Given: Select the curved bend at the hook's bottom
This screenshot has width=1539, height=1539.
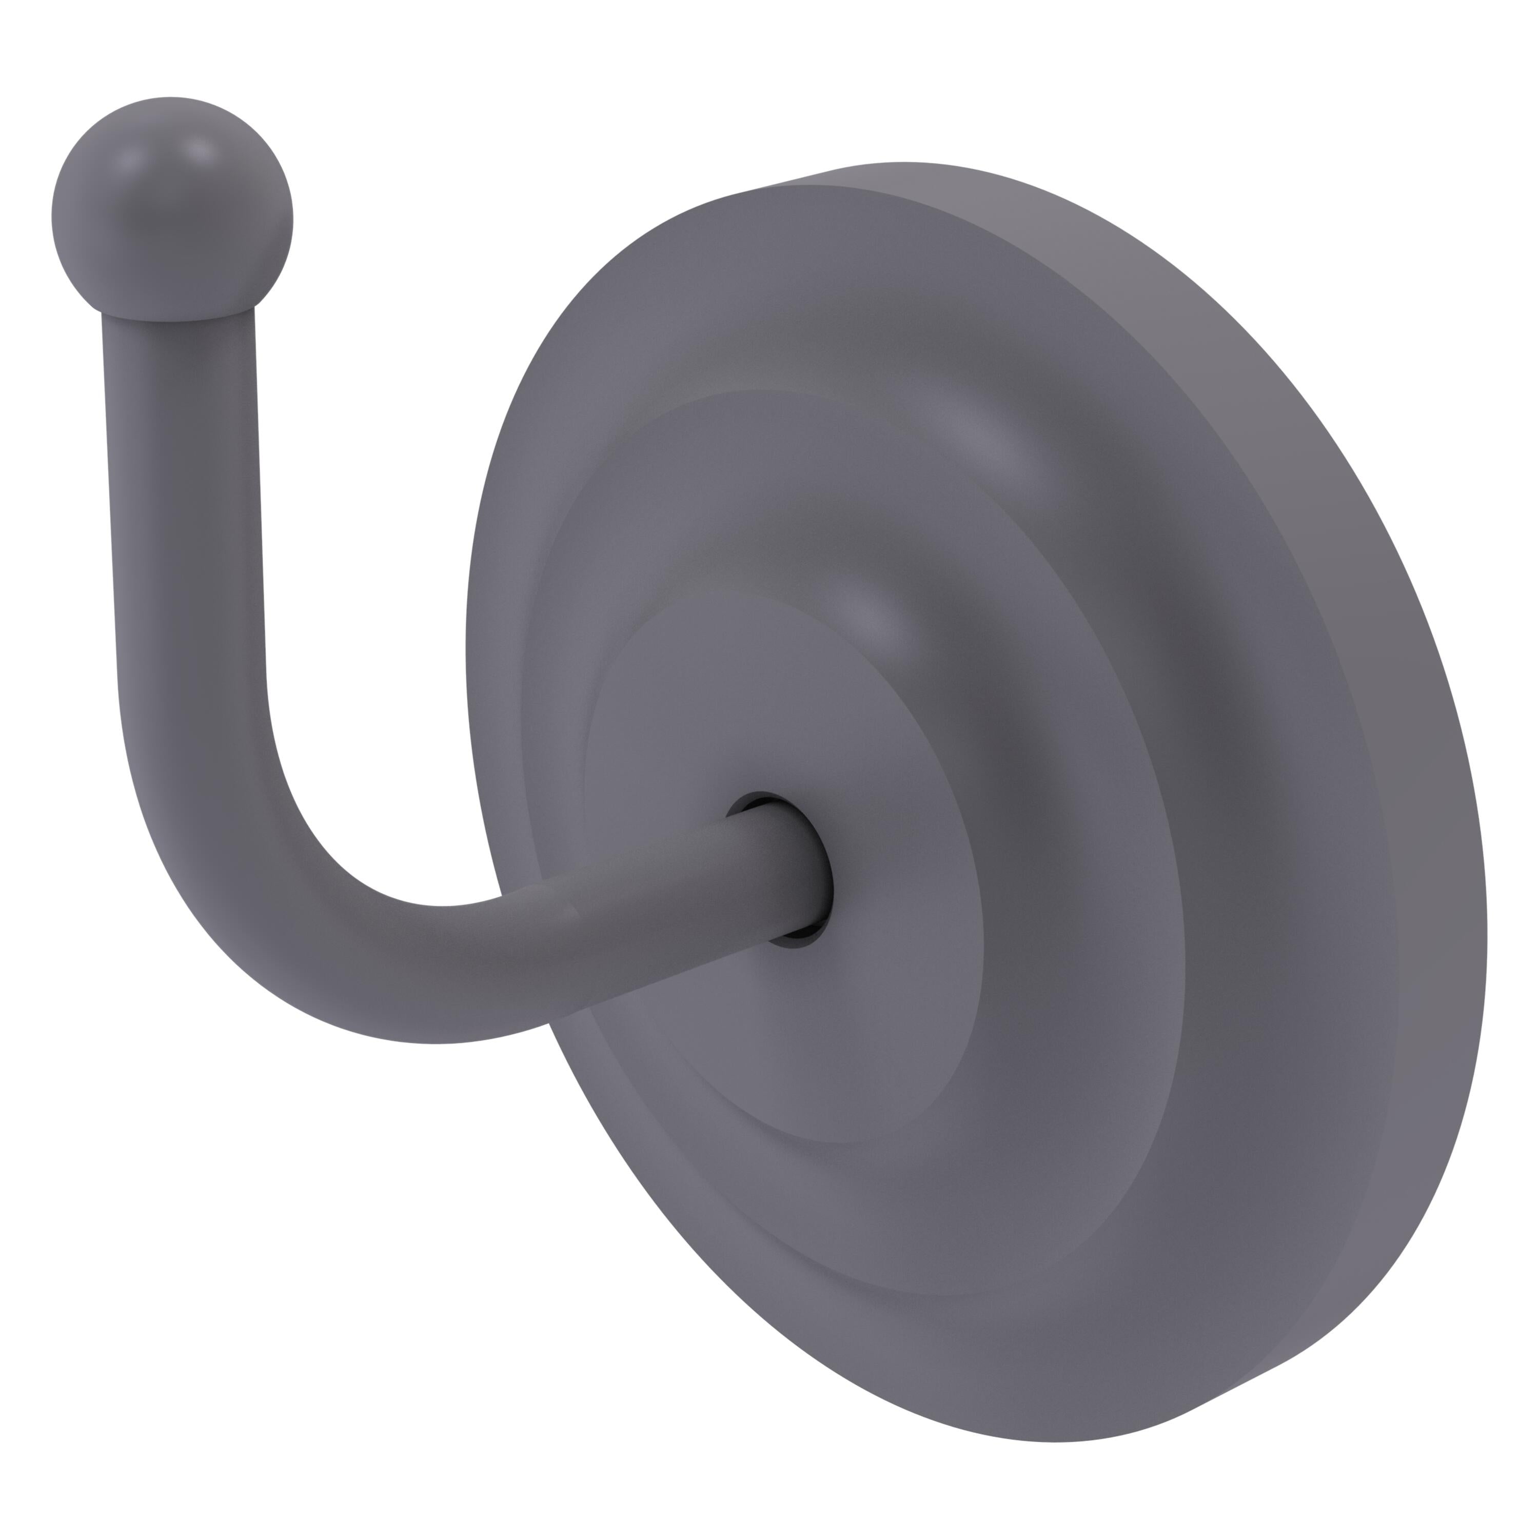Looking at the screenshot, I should [263, 916].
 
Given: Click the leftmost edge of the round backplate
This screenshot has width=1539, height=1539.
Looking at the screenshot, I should [468, 677].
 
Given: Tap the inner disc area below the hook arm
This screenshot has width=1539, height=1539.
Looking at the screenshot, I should [797, 1059].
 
